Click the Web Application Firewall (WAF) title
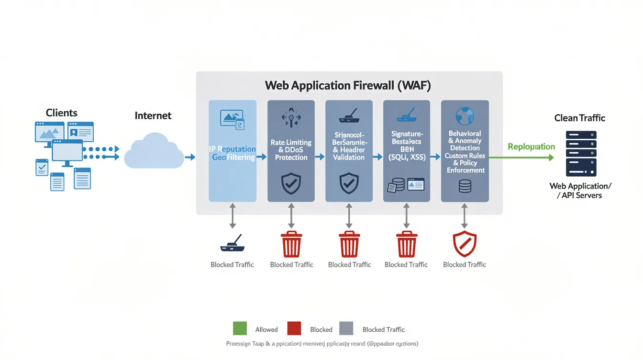click(x=348, y=86)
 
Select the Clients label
click(x=61, y=113)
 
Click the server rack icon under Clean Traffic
click(x=581, y=154)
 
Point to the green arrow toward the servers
click(x=521, y=157)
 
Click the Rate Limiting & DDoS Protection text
click(x=291, y=149)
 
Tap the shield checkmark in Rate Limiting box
click(x=291, y=183)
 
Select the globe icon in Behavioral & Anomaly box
click(x=464, y=116)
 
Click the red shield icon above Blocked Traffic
click(x=465, y=244)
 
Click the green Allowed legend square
click(x=240, y=328)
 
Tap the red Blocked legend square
click(x=294, y=328)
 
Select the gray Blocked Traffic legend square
click(x=346, y=328)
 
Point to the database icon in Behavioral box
click(x=465, y=186)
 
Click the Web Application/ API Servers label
click(x=581, y=191)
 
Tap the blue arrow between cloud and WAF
click(x=190, y=157)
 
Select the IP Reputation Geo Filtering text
click(x=233, y=153)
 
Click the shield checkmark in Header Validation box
click(x=349, y=183)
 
